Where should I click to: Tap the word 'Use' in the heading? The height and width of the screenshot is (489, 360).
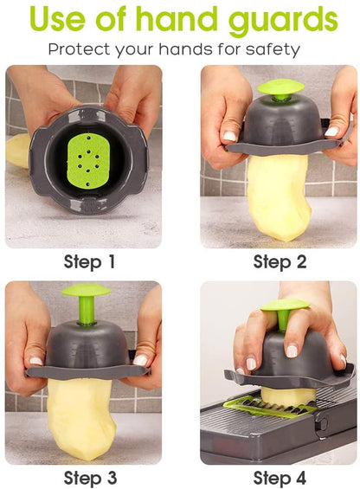61,19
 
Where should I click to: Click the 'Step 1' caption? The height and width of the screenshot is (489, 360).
89,261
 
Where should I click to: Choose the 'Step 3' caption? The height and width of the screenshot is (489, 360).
89,477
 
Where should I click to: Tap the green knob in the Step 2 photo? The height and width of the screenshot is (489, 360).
280,89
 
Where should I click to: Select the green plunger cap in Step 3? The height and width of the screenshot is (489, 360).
86,293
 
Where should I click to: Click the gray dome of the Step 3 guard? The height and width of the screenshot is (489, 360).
86,347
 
